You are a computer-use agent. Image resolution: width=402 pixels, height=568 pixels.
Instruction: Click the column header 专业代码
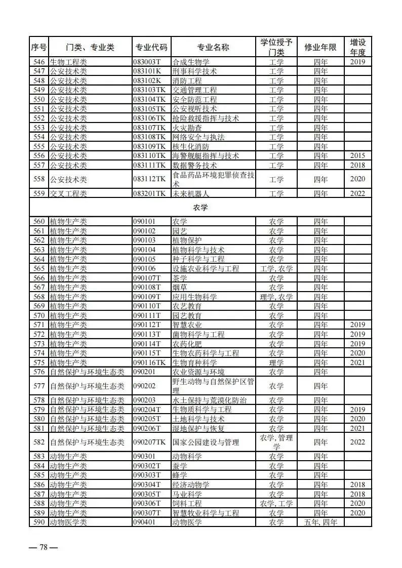pyautogui.click(x=151, y=48)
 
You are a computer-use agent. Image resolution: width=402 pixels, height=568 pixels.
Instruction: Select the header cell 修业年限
pyautogui.click(x=320, y=48)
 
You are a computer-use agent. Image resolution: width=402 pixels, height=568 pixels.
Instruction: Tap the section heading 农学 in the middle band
pyautogui.click(x=200, y=208)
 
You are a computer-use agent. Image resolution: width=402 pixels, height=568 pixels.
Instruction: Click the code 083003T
pyautogui.click(x=147, y=62)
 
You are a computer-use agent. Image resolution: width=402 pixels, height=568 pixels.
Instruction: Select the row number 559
pyautogui.click(x=38, y=193)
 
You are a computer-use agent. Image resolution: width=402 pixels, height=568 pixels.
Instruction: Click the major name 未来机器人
pyautogui.click(x=191, y=193)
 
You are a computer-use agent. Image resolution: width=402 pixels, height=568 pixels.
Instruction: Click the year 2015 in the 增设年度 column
pyautogui.click(x=357, y=156)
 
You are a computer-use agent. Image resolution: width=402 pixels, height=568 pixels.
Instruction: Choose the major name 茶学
pyautogui.click(x=180, y=278)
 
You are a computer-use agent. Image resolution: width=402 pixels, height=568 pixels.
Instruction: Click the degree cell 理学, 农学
pyautogui.click(x=276, y=297)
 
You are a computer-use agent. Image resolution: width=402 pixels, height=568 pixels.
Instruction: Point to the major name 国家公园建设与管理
pyautogui.click(x=206, y=442)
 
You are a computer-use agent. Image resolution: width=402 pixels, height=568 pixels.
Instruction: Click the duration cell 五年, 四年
pyautogui.click(x=320, y=522)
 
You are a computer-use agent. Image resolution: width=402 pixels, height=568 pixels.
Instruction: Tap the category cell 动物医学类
pyautogui.click(x=68, y=522)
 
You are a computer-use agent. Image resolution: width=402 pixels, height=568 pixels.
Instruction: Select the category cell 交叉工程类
pyautogui.click(x=68, y=193)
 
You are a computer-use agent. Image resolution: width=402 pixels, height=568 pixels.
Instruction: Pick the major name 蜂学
pyautogui.click(x=180, y=475)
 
